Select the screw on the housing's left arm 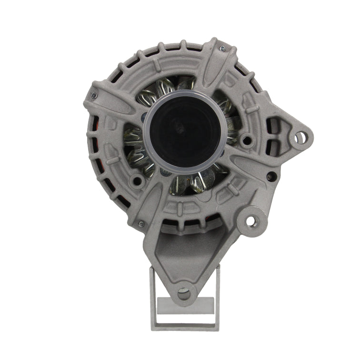point(93,95)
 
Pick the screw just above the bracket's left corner point(141,223)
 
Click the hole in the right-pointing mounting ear point(300,138)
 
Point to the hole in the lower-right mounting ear point(251,220)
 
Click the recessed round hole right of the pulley point(246,140)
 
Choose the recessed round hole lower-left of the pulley point(138,181)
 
